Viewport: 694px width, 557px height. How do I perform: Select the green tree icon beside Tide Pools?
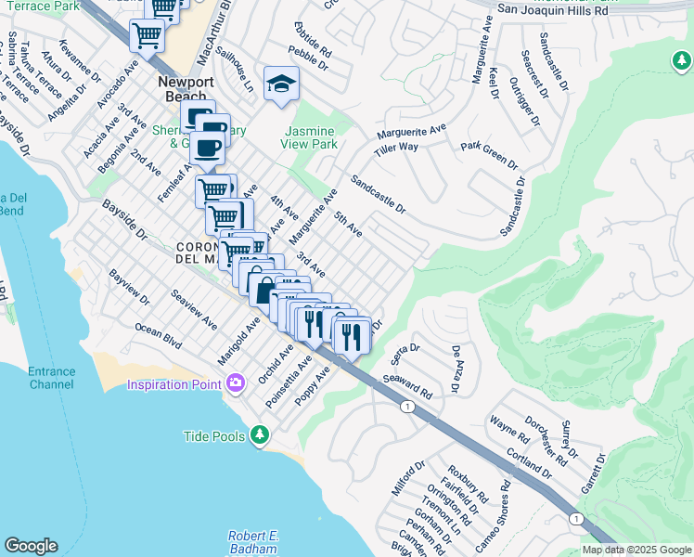[x=261, y=434]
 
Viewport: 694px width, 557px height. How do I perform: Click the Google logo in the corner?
[x=31, y=546]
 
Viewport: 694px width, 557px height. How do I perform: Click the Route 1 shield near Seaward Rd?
[x=406, y=407]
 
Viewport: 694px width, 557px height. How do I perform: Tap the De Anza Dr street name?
[x=456, y=369]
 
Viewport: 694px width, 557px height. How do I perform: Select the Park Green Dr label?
[x=490, y=153]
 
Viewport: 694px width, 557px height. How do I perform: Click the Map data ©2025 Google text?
[x=636, y=550]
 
